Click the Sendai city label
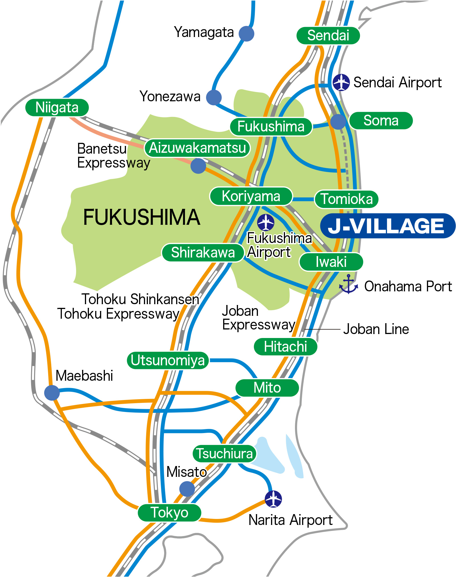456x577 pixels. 328,36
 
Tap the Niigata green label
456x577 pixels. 57,108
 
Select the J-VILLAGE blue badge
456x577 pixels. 388,226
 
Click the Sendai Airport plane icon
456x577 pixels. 341,82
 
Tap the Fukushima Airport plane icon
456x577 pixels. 266,222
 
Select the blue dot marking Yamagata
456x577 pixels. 246,34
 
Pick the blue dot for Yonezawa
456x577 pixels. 214,97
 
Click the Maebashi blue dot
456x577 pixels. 52,393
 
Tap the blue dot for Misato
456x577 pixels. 187,489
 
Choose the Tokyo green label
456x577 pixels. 169,513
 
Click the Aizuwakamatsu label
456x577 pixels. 197,148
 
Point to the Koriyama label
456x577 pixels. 251,196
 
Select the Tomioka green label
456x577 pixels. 347,199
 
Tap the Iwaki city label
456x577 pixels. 331,262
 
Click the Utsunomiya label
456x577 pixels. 168,360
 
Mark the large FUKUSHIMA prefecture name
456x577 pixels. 141,217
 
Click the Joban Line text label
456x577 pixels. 376,329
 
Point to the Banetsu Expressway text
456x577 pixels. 113,156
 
